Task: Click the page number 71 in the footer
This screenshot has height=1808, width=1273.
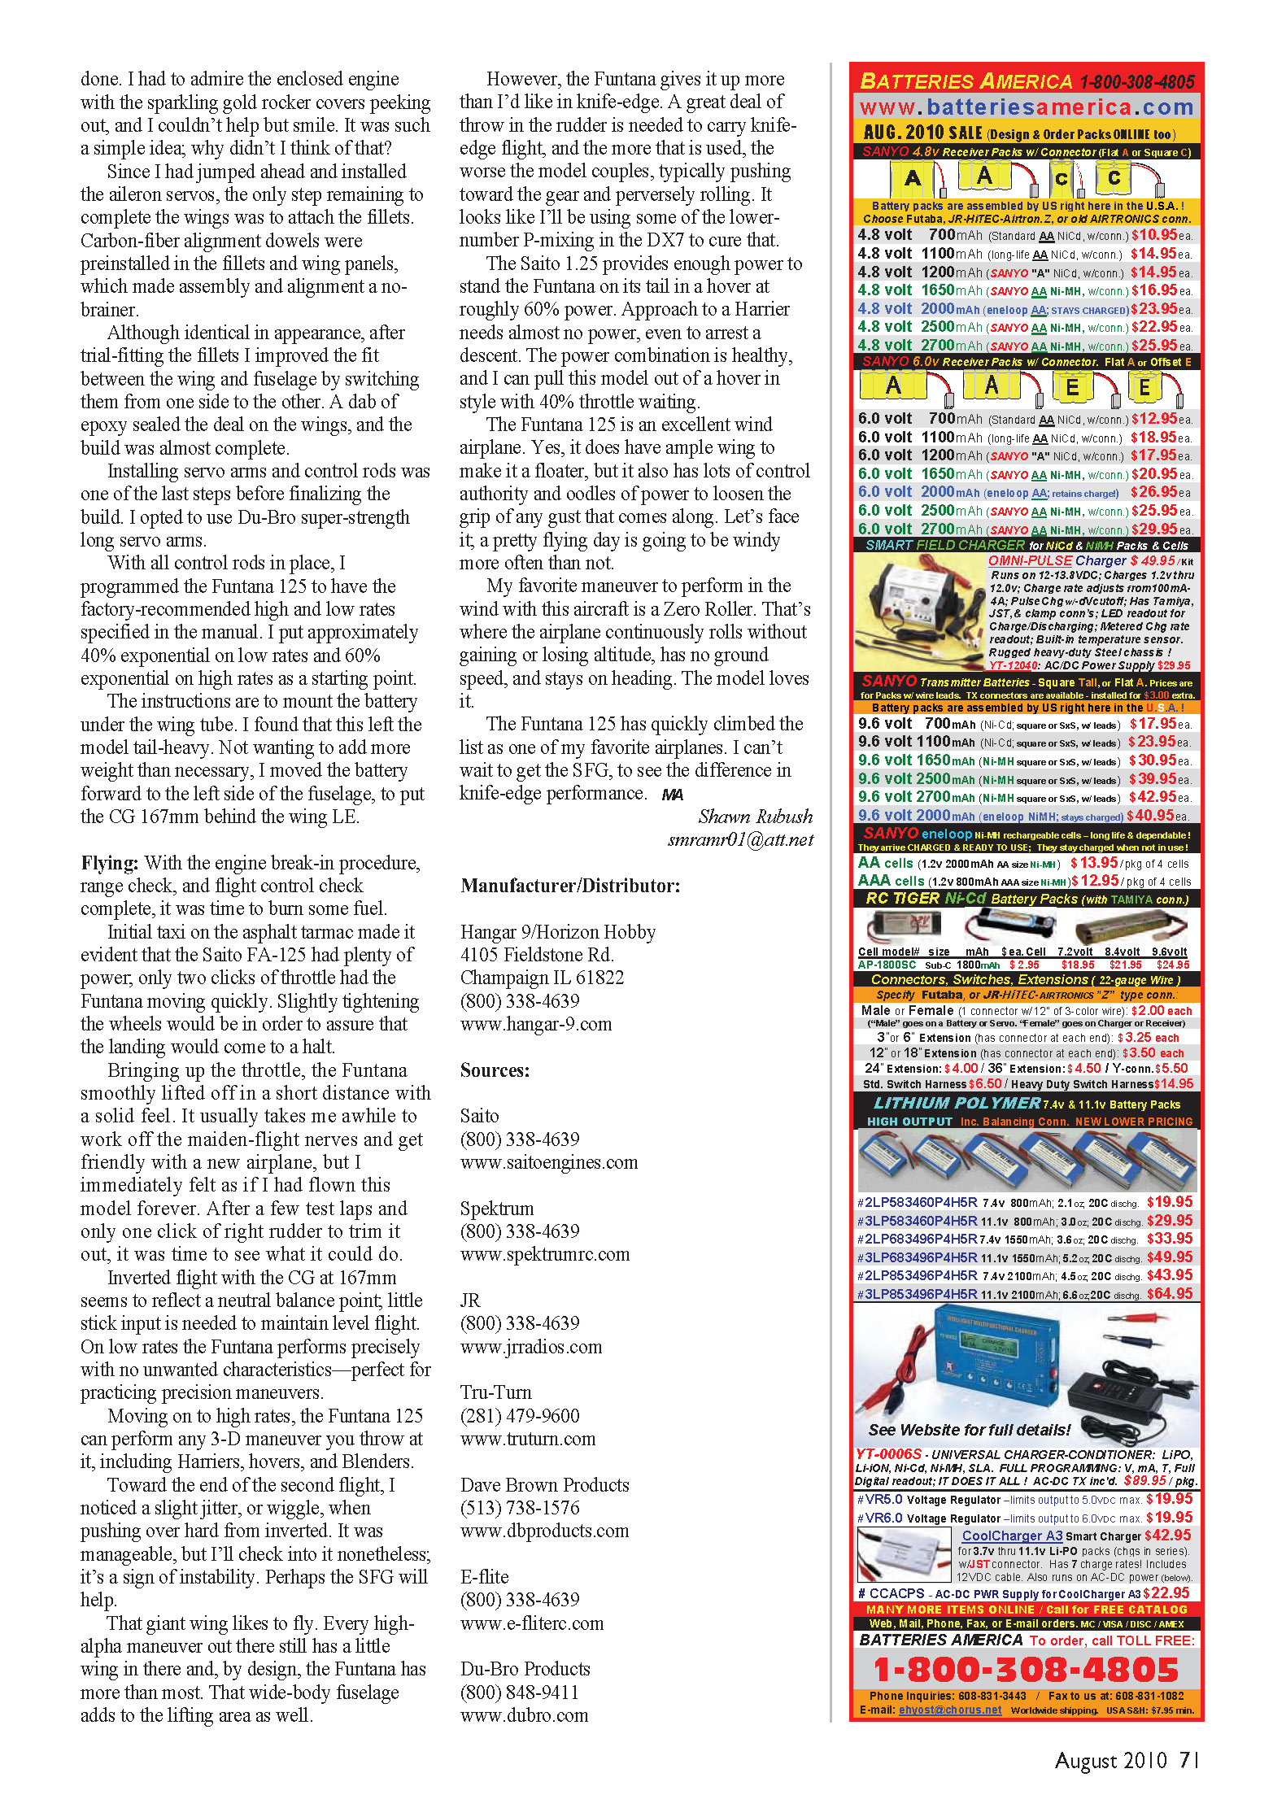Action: [x=1188, y=1760]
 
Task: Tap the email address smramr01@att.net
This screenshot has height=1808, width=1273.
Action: [x=740, y=840]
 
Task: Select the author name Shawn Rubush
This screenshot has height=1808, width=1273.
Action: [x=755, y=817]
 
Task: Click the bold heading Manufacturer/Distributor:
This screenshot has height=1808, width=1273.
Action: [x=570, y=886]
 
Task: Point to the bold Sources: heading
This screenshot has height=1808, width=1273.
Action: [x=495, y=1070]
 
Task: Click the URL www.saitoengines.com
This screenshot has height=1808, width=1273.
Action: [x=549, y=1162]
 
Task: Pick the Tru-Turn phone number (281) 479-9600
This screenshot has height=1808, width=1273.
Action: [x=520, y=1416]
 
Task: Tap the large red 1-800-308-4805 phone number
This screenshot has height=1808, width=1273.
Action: [x=1026, y=1670]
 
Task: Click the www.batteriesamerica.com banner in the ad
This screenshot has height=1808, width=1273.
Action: [x=1027, y=107]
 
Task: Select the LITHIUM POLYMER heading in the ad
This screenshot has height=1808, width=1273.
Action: [x=957, y=1103]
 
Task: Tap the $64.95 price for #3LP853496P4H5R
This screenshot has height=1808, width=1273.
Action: [x=1169, y=1293]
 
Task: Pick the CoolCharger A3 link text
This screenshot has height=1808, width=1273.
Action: [x=1012, y=1536]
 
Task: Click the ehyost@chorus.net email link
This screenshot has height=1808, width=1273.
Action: [x=950, y=1710]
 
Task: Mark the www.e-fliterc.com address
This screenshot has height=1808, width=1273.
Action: [x=532, y=1623]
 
